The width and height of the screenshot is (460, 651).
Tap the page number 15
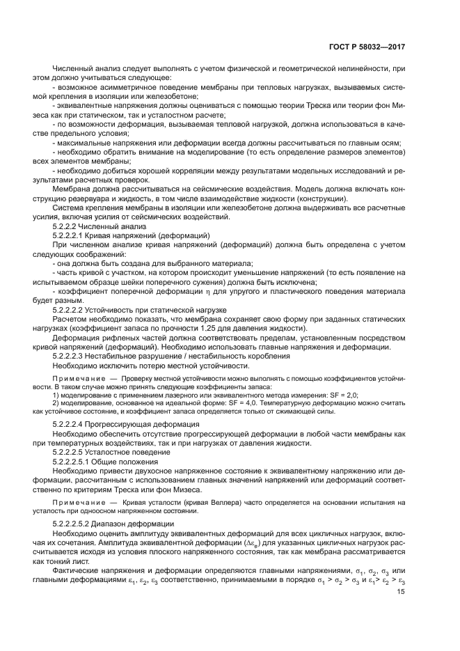click(401, 593)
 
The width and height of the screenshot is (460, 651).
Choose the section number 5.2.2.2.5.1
click(81, 462)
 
